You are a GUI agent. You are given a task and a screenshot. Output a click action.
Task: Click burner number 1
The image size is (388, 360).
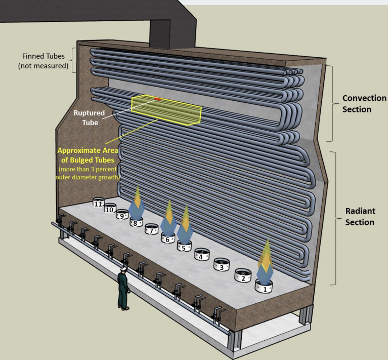click(264, 287)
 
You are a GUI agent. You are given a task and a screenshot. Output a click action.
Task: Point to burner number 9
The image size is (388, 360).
click(122, 215)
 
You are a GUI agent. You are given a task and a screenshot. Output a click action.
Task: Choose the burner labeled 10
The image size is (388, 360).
click(109, 209)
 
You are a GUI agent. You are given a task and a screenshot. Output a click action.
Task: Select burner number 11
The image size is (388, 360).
click(98, 203)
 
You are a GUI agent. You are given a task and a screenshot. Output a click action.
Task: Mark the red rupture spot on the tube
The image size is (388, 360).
click(158, 99)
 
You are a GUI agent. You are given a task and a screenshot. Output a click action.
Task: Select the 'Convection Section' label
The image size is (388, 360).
click(364, 103)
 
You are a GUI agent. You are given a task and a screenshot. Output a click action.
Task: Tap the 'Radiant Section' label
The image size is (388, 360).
click(360, 216)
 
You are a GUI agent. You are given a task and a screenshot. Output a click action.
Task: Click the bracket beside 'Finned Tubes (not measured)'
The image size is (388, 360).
click(74, 60)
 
